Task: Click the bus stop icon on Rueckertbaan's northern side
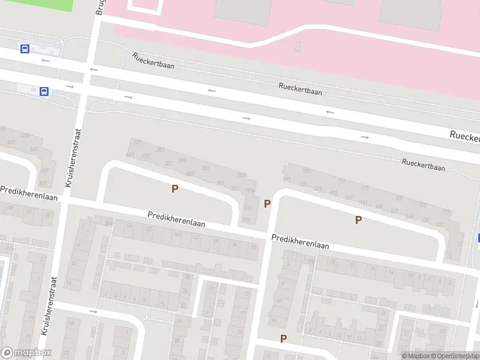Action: pyautogui.click(x=25, y=49)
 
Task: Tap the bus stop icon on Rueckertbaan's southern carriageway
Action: pyautogui.click(x=44, y=91)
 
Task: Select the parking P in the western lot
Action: pyautogui.click(x=175, y=189)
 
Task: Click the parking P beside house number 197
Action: pyautogui.click(x=267, y=204)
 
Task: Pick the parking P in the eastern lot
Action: pyautogui.click(x=358, y=220)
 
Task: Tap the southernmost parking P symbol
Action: pyautogui.click(x=283, y=339)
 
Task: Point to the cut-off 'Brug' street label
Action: pyautogui.click(x=99, y=7)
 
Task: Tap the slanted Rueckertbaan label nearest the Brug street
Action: pyautogui.click(x=153, y=61)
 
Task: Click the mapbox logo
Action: pyautogui.click(x=26, y=353)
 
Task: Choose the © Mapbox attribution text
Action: pyautogui.click(x=415, y=356)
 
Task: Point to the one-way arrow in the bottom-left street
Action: pyautogui.click(x=93, y=311)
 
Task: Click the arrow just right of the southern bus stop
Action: pyautogui.click(x=70, y=87)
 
